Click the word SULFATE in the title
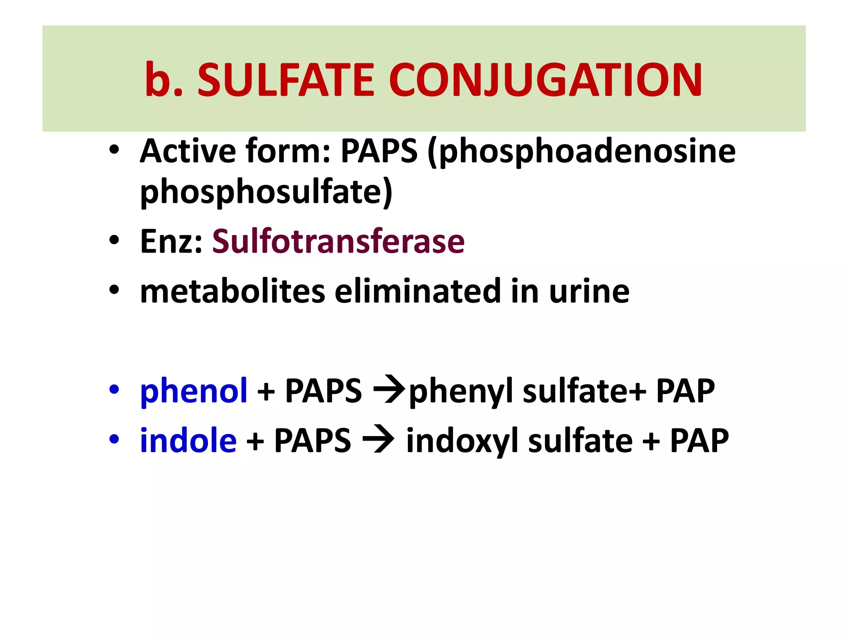286,80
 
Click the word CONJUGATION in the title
545,80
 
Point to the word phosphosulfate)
266,193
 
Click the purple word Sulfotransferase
338,241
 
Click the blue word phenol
194,391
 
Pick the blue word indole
188,441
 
